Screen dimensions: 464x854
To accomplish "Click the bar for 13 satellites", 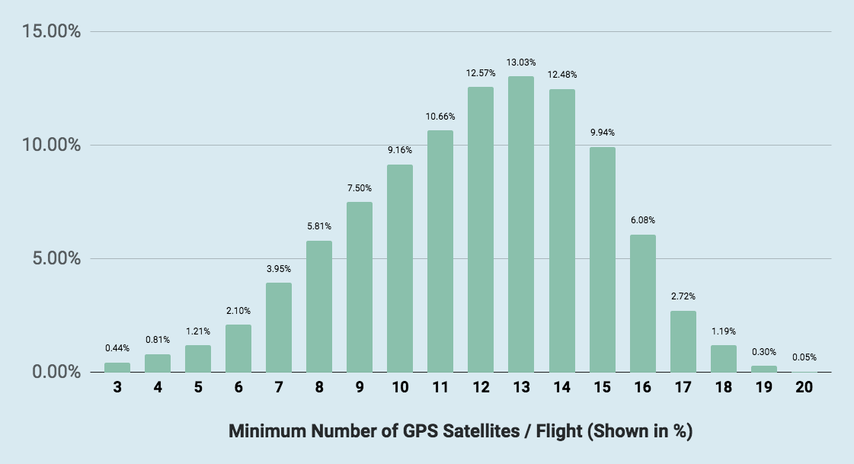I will coord(521,224).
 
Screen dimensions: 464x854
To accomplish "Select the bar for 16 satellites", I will coord(642,303).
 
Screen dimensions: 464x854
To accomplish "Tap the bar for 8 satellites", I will coord(319,306).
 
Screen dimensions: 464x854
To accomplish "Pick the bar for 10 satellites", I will coord(400,268).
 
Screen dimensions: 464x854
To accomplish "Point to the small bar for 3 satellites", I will coord(117,367).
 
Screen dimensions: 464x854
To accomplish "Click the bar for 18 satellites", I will coord(723,358).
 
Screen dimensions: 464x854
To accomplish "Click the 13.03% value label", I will coord(521,62).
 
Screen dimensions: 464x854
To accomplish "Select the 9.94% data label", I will coord(602,133).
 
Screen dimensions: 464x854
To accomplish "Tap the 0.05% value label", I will coord(804,357).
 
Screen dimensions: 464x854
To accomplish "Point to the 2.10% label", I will coord(238,310).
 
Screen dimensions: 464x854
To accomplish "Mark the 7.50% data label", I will coord(360,187).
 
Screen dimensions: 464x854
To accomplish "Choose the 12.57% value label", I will coord(481,73).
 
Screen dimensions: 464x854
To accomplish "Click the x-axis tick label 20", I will coord(804,387).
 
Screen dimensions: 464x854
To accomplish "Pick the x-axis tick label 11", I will coord(440,387).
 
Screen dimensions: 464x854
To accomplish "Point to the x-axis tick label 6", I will coord(238,387).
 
